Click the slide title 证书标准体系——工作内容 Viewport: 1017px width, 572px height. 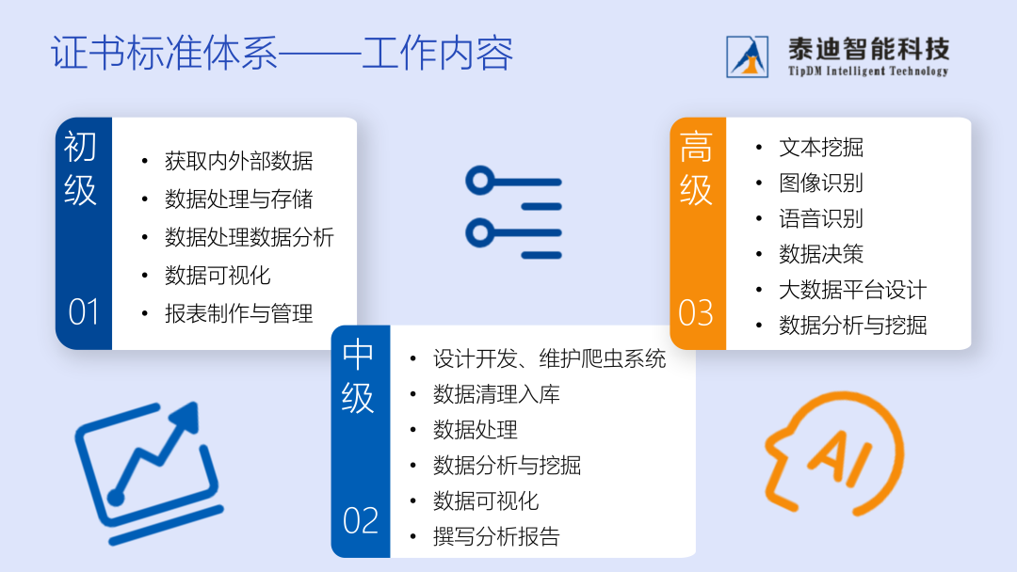(282, 53)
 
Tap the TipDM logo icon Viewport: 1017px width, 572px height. (747, 57)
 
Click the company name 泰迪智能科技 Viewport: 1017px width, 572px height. (868, 49)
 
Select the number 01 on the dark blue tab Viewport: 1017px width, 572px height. (84, 312)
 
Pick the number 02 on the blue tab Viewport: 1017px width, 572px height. (361, 521)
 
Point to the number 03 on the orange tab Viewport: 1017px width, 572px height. (696, 313)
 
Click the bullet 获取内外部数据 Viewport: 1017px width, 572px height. (238, 161)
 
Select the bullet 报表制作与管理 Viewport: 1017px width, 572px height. (238, 314)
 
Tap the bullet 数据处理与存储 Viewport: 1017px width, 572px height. (238, 199)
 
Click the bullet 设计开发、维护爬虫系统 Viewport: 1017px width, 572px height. (549, 358)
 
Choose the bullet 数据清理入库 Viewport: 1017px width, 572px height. (496, 394)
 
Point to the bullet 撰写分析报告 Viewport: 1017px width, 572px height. (496, 536)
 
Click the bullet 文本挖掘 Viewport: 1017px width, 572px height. (821, 148)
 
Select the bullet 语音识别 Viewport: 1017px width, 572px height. (821, 219)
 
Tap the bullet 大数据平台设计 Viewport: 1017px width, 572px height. (853, 290)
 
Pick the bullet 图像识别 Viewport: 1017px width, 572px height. (821, 183)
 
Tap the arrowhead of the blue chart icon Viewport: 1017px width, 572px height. (186, 415)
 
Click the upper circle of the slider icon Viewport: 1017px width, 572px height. (480, 181)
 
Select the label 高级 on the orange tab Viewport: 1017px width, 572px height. (696, 168)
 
